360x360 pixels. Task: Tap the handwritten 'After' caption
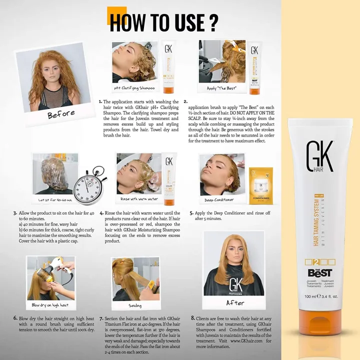click(235, 302)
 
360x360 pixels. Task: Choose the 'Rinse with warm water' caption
click(139, 199)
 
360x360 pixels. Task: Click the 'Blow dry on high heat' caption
click(50, 304)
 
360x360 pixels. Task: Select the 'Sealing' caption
click(135, 305)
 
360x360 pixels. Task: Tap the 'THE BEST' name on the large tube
click(319, 272)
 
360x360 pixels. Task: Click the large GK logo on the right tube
click(319, 160)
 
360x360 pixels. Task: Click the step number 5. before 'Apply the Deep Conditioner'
click(191, 212)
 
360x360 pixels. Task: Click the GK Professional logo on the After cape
click(235, 285)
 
